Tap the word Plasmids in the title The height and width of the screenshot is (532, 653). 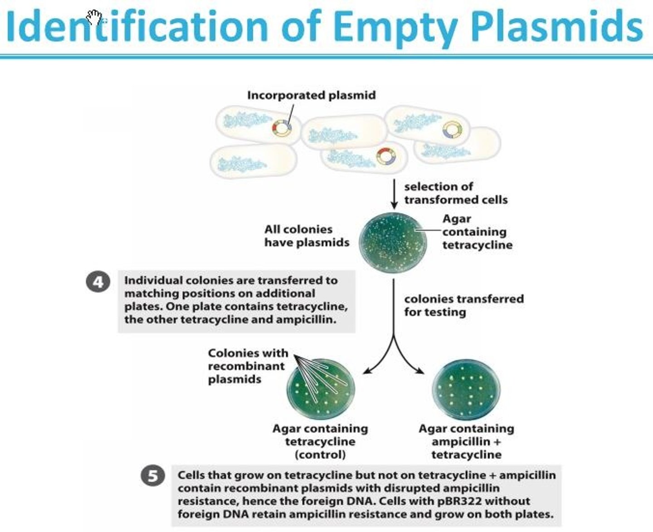(x=557, y=26)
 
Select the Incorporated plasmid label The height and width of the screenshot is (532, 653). (x=312, y=95)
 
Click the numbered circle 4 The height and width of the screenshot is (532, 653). (x=98, y=281)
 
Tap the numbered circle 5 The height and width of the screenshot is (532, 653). (x=153, y=476)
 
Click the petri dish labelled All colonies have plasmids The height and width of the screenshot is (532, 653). (x=393, y=242)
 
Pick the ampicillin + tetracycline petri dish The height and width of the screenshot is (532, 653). (x=466, y=390)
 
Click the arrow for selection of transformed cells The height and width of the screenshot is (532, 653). (x=395, y=194)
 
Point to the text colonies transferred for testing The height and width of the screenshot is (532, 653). (x=464, y=305)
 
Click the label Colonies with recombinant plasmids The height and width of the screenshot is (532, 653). (x=248, y=366)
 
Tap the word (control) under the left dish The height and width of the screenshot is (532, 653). (x=320, y=454)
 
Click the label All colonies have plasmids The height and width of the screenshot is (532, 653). (x=307, y=236)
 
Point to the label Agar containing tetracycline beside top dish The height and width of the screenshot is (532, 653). (x=478, y=232)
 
